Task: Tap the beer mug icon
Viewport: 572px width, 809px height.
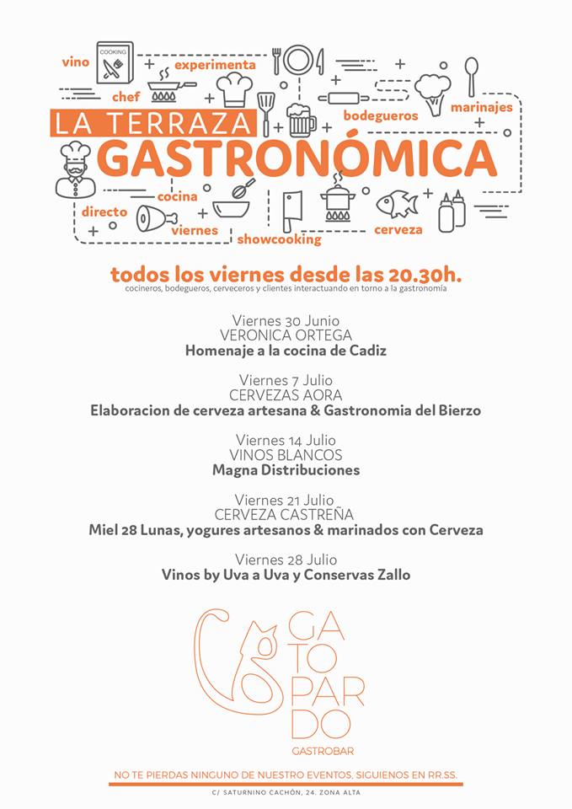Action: pyautogui.click(x=300, y=120)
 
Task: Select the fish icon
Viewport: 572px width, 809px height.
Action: pyautogui.click(x=397, y=203)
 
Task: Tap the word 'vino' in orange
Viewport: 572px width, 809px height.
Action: pyautogui.click(x=75, y=62)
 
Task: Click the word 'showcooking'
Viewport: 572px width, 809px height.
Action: pyautogui.click(x=279, y=239)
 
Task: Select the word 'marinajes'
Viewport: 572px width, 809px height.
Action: pyautogui.click(x=481, y=107)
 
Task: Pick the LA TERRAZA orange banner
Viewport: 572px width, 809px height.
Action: pyautogui.click(x=152, y=123)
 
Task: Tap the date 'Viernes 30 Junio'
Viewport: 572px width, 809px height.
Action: pyautogui.click(x=286, y=320)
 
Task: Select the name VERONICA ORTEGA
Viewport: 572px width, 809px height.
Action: pyautogui.click(x=286, y=335)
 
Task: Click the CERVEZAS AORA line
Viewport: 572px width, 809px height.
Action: pyautogui.click(x=286, y=395)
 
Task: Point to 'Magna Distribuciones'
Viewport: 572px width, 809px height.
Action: pyautogui.click(x=286, y=470)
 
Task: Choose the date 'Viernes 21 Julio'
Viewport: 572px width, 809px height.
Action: pyautogui.click(x=286, y=500)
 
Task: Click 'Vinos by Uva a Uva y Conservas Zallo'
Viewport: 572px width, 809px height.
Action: pyautogui.click(x=286, y=575)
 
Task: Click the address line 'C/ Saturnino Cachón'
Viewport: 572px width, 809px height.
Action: pyautogui.click(x=286, y=793)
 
